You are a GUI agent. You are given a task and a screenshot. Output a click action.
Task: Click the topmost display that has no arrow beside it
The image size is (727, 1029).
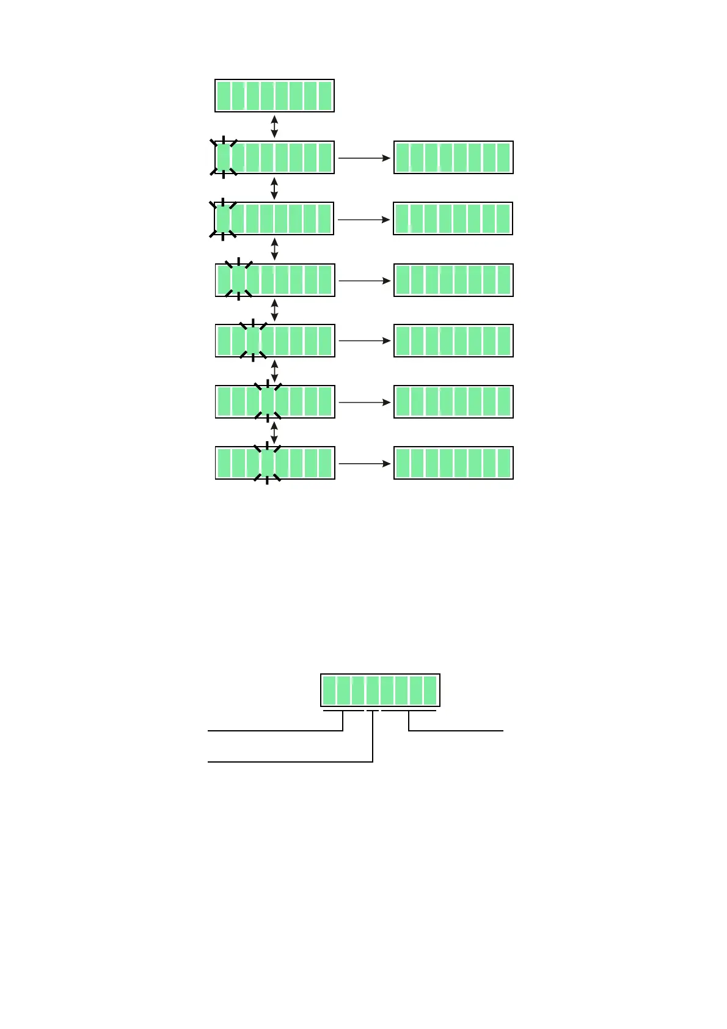(x=274, y=95)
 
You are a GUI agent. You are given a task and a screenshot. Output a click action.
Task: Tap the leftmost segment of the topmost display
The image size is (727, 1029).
(x=224, y=96)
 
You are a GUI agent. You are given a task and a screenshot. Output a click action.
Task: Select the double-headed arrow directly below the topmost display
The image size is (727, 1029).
(x=274, y=126)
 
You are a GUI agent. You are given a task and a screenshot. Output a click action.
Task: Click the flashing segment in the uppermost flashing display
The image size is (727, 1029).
(x=224, y=158)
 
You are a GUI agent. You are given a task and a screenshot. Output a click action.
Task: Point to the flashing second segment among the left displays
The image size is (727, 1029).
(x=238, y=280)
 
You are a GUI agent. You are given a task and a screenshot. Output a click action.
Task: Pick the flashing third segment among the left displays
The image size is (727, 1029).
(x=253, y=340)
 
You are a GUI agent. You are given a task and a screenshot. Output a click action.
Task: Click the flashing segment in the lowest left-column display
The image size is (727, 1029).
(x=267, y=463)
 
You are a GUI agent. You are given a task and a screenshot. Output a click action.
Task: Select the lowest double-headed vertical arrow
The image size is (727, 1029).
(x=274, y=432)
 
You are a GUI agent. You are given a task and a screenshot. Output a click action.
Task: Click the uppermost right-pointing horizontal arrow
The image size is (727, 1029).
(x=364, y=158)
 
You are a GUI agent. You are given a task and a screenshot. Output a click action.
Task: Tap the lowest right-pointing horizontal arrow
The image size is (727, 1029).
(x=364, y=464)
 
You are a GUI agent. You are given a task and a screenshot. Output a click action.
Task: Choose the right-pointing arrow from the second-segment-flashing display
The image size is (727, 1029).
(x=364, y=280)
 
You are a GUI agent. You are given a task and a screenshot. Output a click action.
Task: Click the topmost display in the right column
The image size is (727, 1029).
(x=453, y=158)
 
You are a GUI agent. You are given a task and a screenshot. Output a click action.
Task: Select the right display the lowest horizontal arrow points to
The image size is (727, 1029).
(x=453, y=463)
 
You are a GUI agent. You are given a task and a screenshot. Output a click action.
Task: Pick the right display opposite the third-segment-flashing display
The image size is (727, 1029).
(x=453, y=340)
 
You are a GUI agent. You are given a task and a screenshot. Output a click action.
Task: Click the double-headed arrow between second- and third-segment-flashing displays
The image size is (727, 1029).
(x=274, y=310)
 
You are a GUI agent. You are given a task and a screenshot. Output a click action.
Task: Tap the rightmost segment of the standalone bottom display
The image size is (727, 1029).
(x=430, y=690)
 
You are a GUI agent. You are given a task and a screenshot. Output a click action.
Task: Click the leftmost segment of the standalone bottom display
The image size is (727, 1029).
(x=329, y=690)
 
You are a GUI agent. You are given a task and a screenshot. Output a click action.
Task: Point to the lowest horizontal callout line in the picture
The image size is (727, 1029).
(x=290, y=762)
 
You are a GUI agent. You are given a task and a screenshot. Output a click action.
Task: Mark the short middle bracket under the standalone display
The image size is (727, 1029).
(x=373, y=711)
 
